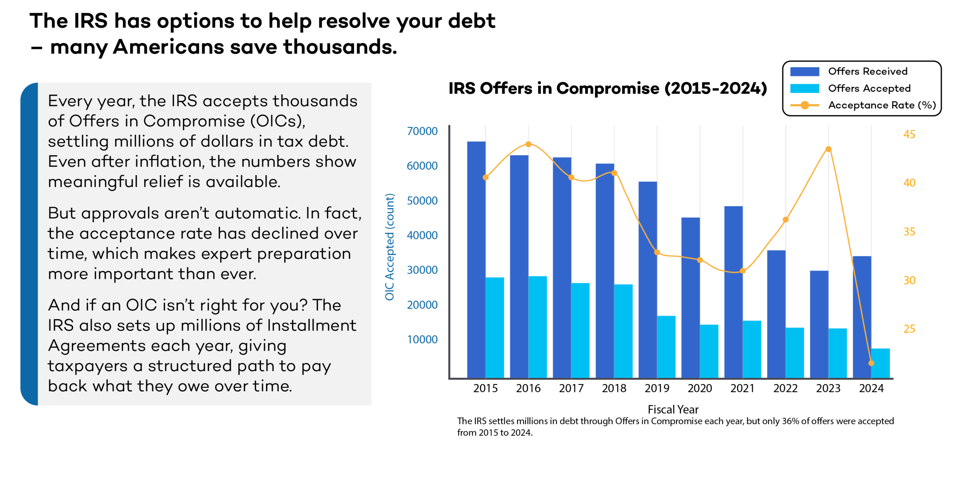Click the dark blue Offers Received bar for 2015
pyautogui.click(x=476, y=259)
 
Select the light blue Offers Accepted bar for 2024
pyautogui.click(x=880, y=363)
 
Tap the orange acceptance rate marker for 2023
pyautogui.click(x=829, y=149)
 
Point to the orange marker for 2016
pyautogui.click(x=528, y=144)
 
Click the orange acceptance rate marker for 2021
pyautogui.click(x=743, y=271)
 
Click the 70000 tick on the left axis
pyautogui.click(x=422, y=131)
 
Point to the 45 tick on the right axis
pyautogui.click(x=909, y=134)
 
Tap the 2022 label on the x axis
pyautogui.click(x=785, y=388)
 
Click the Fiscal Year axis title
pyautogui.click(x=673, y=409)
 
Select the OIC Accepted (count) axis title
pyautogui.click(x=390, y=247)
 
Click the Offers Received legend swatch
pyautogui.click(x=805, y=71)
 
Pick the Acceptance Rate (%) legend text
pyautogui.click(x=882, y=105)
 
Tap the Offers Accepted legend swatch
pyautogui.click(x=805, y=88)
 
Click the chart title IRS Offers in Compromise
pyautogui.click(x=608, y=89)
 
